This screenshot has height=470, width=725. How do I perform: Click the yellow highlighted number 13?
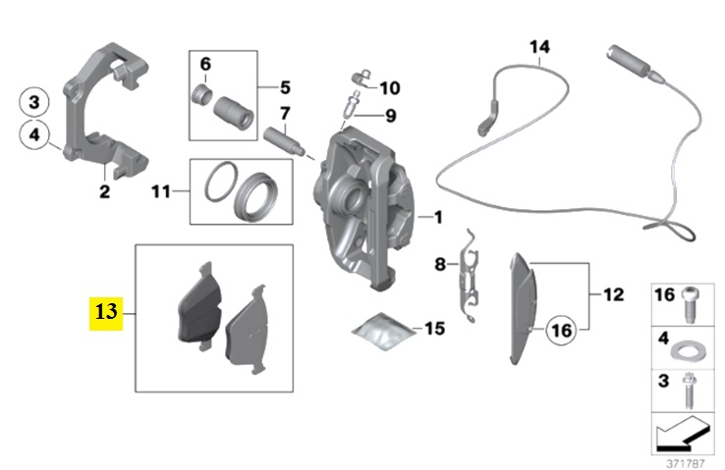(106, 313)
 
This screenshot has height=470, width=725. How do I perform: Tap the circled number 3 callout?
(34, 102)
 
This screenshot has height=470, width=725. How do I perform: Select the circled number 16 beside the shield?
(561, 331)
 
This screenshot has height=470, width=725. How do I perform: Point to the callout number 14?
(539, 47)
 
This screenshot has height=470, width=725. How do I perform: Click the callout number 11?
(161, 191)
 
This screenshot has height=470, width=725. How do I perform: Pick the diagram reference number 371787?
(686, 462)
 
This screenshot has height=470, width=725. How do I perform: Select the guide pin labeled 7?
(284, 141)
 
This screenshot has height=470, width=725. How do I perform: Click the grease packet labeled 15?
(382, 331)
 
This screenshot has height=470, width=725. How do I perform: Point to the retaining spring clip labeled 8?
(469, 276)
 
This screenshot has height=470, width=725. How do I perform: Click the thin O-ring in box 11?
(221, 182)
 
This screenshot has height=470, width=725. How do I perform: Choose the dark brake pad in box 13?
(200, 305)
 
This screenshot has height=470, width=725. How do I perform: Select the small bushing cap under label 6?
(201, 93)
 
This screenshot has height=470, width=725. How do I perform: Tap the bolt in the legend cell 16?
(691, 304)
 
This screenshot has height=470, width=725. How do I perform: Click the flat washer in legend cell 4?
(688, 352)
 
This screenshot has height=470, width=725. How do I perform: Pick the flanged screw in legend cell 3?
(689, 391)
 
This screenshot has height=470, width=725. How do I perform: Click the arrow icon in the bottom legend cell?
(682, 434)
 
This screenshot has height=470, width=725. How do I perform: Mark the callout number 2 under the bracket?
(104, 191)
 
